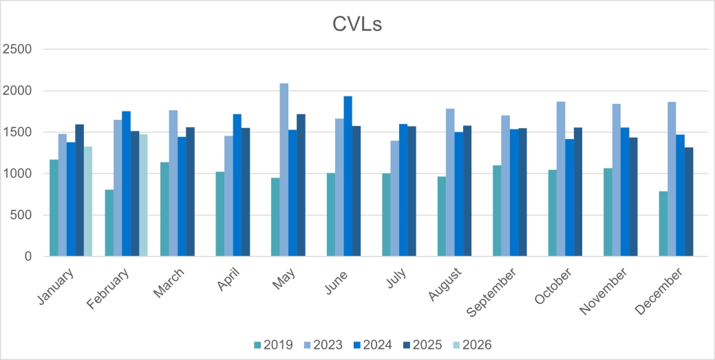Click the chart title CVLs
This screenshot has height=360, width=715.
[x=357, y=24]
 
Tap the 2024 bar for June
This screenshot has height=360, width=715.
[x=348, y=176]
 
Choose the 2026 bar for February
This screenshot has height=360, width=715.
[x=143, y=195]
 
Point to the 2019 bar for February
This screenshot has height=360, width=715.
[x=109, y=223]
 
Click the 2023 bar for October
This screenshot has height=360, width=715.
[x=561, y=179]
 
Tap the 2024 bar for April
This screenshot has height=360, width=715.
[x=237, y=185]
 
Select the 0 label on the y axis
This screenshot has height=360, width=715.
[x=28, y=256]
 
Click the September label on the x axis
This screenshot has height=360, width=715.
[x=491, y=293]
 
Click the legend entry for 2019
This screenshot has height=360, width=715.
[x=274, y=345]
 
